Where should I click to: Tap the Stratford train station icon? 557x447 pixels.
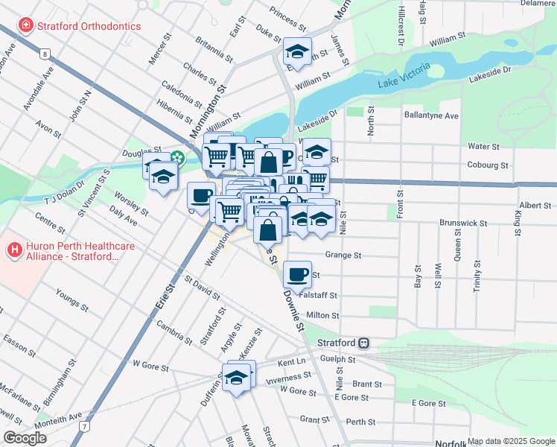(x=364, y=343)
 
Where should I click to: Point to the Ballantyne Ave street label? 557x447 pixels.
(x=431, y=116)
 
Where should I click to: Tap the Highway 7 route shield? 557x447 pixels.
(x=86, y=426)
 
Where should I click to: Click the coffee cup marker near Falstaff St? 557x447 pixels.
(x=297, y=273)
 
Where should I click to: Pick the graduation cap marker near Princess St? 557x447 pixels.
(x=297, y=51)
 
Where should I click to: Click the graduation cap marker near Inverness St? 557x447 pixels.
(x=237, y=377)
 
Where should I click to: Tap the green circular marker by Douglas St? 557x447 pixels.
(x=177, y=157)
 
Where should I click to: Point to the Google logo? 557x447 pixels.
(x=25, y=438)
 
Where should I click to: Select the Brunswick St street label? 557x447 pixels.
(x=462, y=223)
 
